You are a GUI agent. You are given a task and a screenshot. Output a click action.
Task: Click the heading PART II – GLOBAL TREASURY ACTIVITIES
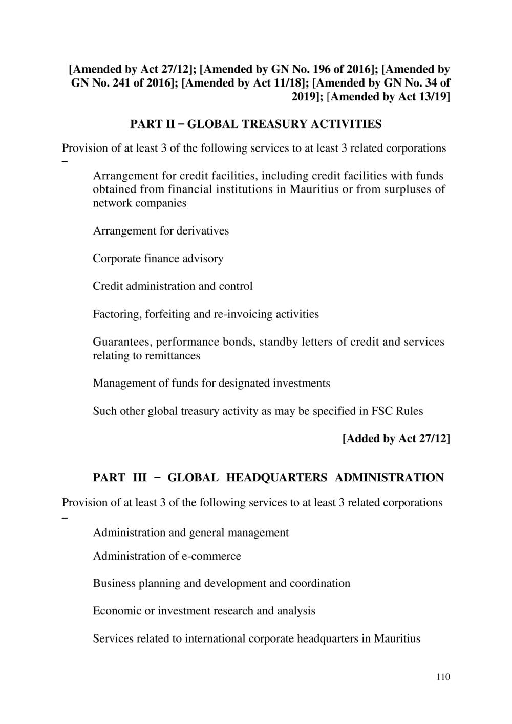(x=255, y=124)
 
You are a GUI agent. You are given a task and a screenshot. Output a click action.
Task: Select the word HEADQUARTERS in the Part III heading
(x=276, y=478)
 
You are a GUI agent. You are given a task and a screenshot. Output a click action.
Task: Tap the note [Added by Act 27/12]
(x=396, y=439)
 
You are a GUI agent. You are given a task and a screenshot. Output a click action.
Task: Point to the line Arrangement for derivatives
(x=161, y=231)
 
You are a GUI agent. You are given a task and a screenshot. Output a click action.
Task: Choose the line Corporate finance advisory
(x=158, y=259)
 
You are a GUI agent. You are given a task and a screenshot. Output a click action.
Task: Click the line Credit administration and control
(x=173, y=286)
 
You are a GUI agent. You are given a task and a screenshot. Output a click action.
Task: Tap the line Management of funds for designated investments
(x=211, y=384)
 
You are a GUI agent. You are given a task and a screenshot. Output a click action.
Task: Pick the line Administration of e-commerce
(x=167, y=556)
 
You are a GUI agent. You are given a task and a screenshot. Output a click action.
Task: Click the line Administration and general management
(x=190, y=533)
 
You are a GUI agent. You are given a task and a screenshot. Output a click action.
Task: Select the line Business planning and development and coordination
(x=221, y=584)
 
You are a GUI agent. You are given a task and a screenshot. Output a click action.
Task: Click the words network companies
(x=139, y=203)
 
